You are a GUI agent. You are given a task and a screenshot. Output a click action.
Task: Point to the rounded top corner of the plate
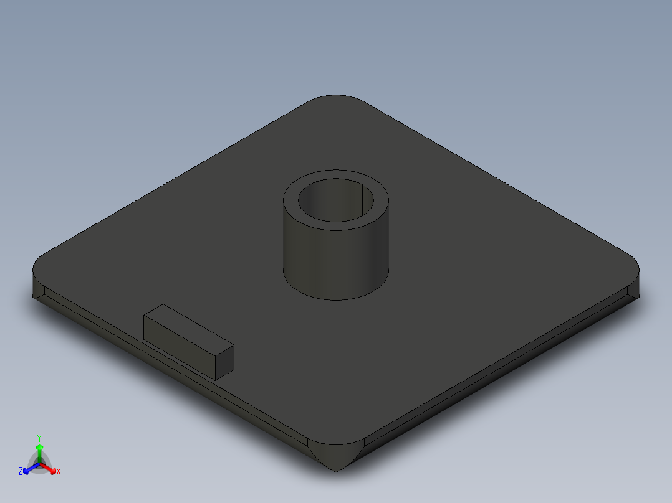337,100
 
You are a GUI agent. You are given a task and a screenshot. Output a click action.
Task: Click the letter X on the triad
59,472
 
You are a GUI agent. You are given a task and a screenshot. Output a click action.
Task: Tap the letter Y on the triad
39,438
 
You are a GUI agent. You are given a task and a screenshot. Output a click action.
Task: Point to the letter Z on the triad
21,472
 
